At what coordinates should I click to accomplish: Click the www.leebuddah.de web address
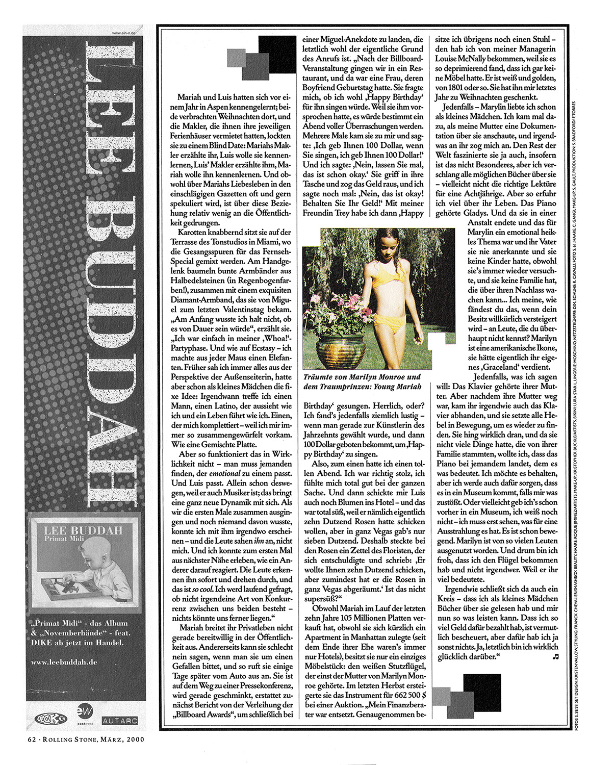coord(64,662)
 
